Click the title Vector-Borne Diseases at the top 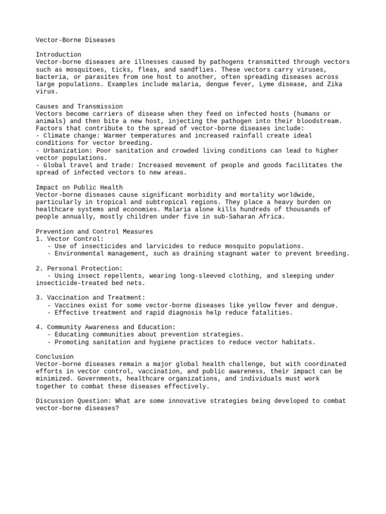tap(75, 40)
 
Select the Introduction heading tap(58, 54)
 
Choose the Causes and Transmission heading tap(79, 106)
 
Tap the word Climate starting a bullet tap(57, 136)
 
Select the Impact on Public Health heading tap(79, 187)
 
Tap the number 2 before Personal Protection tap(38, 269)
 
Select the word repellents tap(117, 276)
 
